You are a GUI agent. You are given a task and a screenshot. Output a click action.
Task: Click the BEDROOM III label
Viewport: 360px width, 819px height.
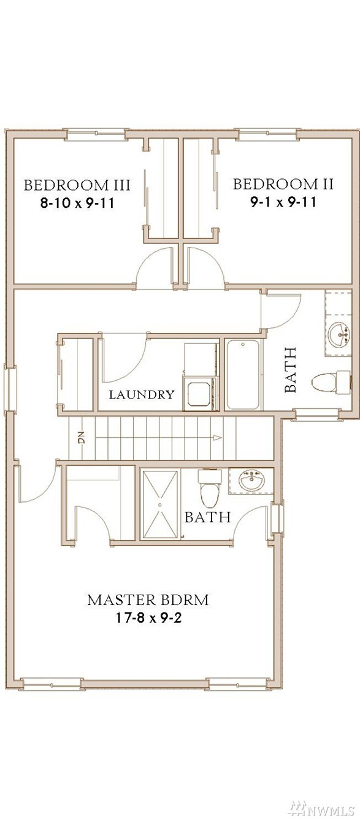pos(77,185)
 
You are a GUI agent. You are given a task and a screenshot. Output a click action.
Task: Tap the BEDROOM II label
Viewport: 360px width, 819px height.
pos(283,184)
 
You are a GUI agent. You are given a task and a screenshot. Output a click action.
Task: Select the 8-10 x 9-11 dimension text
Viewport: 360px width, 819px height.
pos(77,203)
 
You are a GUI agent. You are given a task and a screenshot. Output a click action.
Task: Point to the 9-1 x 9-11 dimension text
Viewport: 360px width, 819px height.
pos(283,202)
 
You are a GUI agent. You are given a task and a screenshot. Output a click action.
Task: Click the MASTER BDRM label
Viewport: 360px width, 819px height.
pos(148,600)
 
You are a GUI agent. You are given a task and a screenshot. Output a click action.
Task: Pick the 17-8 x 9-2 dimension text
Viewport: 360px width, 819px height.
pos(148,619)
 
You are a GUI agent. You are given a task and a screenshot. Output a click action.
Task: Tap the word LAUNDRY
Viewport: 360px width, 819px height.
pos(142,395)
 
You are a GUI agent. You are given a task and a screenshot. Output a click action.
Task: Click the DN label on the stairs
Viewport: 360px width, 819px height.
pos(81,438)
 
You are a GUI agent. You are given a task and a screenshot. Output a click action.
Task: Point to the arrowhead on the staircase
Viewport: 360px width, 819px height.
pos(217,438)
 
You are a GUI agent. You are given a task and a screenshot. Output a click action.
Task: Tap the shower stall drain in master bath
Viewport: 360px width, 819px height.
pos(160,505)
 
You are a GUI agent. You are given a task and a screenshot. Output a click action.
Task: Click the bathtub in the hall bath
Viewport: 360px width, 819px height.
pos(243,375)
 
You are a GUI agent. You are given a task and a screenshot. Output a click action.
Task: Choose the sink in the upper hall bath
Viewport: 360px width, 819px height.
pos(339,335)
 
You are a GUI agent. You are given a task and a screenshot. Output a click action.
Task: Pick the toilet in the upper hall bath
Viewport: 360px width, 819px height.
pos(331,383)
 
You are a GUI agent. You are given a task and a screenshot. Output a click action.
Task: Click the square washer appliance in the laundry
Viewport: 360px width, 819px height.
pos(199,394)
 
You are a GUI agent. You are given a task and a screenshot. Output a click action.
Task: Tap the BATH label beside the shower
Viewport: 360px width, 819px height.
pos(207,517)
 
